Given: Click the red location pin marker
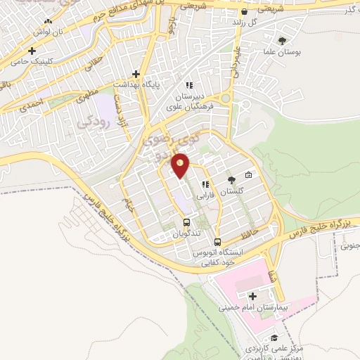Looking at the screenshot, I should coord(181,166).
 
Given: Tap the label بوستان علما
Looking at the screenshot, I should coord(285,51).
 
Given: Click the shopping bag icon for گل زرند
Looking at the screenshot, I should coord(243,12).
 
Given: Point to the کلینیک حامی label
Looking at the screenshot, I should coord(31,62).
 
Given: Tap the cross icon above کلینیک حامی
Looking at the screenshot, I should coord(32,51).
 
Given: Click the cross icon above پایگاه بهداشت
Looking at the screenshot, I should coord(136,73).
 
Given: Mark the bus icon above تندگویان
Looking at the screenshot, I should coord(187,223).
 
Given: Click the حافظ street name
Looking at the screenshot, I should coord(251,229).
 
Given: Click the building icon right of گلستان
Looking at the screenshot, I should coord(247,175).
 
